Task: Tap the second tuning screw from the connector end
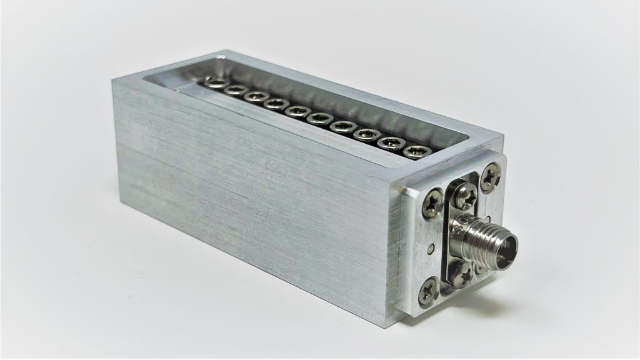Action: click(391, 142)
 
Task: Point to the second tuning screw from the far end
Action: click(235, 90)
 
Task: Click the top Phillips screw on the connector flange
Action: click(464, 196)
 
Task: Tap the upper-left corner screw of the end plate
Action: click(432, 202)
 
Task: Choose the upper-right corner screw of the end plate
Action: click(491, 177)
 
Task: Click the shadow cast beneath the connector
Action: click(500, 294)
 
